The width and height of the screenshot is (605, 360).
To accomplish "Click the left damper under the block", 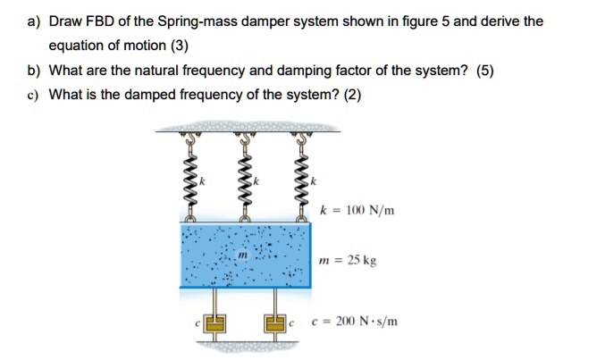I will click(x=214, y=321).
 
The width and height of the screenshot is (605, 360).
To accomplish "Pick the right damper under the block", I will click(x=274, y=321).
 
